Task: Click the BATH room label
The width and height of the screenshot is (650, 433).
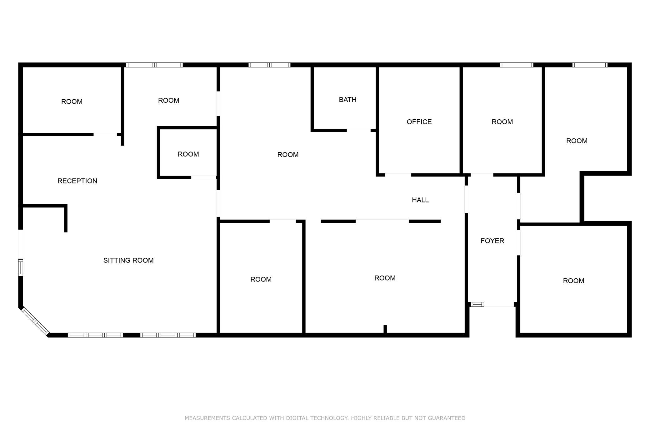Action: (x=347, y=100)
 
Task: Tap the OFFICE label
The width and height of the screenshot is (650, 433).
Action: (x=419, y=122)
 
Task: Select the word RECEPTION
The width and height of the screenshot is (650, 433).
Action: (x=77, y=181)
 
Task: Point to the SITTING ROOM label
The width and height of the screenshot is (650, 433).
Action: (x=128, y=260)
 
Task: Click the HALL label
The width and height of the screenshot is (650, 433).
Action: (x=420, y=200)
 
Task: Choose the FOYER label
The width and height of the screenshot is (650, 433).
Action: (x=492, y=241)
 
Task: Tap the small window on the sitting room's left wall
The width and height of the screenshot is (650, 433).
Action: (x=21, y=267)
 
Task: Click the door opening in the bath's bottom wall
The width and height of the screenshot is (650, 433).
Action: (x=358, y=130)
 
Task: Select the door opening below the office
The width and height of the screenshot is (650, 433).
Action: (x=398, y=175)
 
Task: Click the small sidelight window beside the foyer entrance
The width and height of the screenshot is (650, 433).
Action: (x=477, y=304)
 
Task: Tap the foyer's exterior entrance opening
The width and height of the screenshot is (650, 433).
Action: (x=499, y=304)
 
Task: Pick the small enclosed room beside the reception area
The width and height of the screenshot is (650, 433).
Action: (x=188, y=153)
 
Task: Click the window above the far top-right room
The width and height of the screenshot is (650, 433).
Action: (x=590, y=65)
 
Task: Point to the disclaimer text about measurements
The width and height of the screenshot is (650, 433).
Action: (x=325, y=418)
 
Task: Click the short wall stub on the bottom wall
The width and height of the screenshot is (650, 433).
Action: (x=385, y=329)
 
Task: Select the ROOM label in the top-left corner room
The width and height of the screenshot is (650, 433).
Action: (x=72, y=102)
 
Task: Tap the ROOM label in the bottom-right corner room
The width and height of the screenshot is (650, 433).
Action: (x=573, y=281)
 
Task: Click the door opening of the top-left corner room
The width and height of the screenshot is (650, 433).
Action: (x=105, y=134)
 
